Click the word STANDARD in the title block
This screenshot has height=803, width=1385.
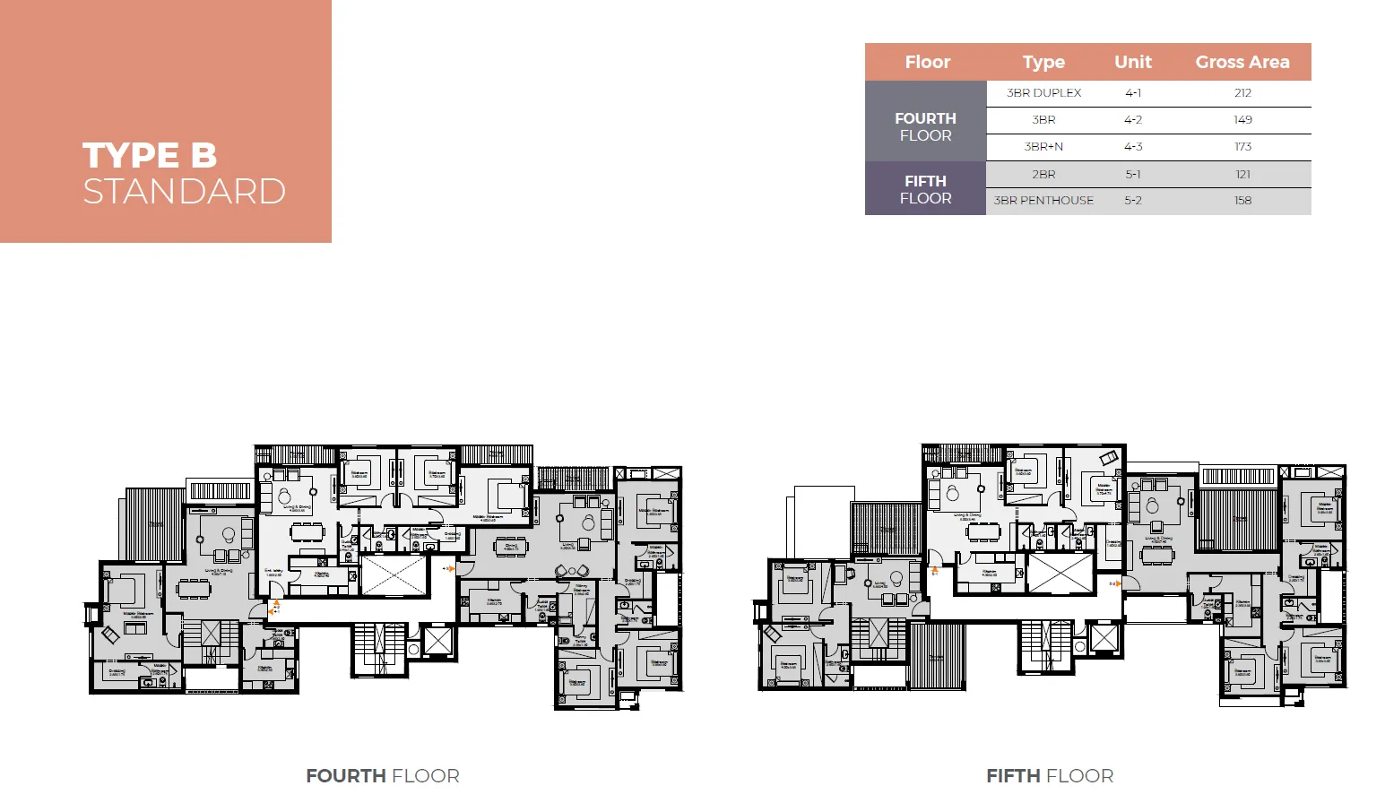(x=184, y=191)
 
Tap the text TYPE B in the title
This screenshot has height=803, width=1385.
(x=150, y=155)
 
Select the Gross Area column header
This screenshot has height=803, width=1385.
(x=1242, y=62)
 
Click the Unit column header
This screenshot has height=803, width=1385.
(x=1132, y=62)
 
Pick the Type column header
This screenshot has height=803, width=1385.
(x=1043, y=62)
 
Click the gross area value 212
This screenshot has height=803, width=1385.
(x=1242, y=92)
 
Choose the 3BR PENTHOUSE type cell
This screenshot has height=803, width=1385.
(x=1043, y=201)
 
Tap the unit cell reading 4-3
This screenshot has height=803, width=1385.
(x=1132, y=147)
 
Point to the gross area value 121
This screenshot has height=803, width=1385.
(x=1242, y=174)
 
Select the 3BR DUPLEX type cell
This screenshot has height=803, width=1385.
(x=1043, y=92)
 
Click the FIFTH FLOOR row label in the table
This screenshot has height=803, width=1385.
(x=925, y=189)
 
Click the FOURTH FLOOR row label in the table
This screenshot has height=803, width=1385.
(x=925, y=126)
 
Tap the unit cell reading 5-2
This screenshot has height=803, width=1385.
(x=1132, y=201)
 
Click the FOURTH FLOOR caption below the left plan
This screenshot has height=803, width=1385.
(x=382, y=776)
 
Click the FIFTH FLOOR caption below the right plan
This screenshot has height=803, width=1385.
(x=1050, y=776)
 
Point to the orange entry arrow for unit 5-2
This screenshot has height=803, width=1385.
(x=1118, y=583)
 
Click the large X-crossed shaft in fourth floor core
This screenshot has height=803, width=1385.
(x=394, y=575)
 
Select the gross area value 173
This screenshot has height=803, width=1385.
(x=1242, y=147)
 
